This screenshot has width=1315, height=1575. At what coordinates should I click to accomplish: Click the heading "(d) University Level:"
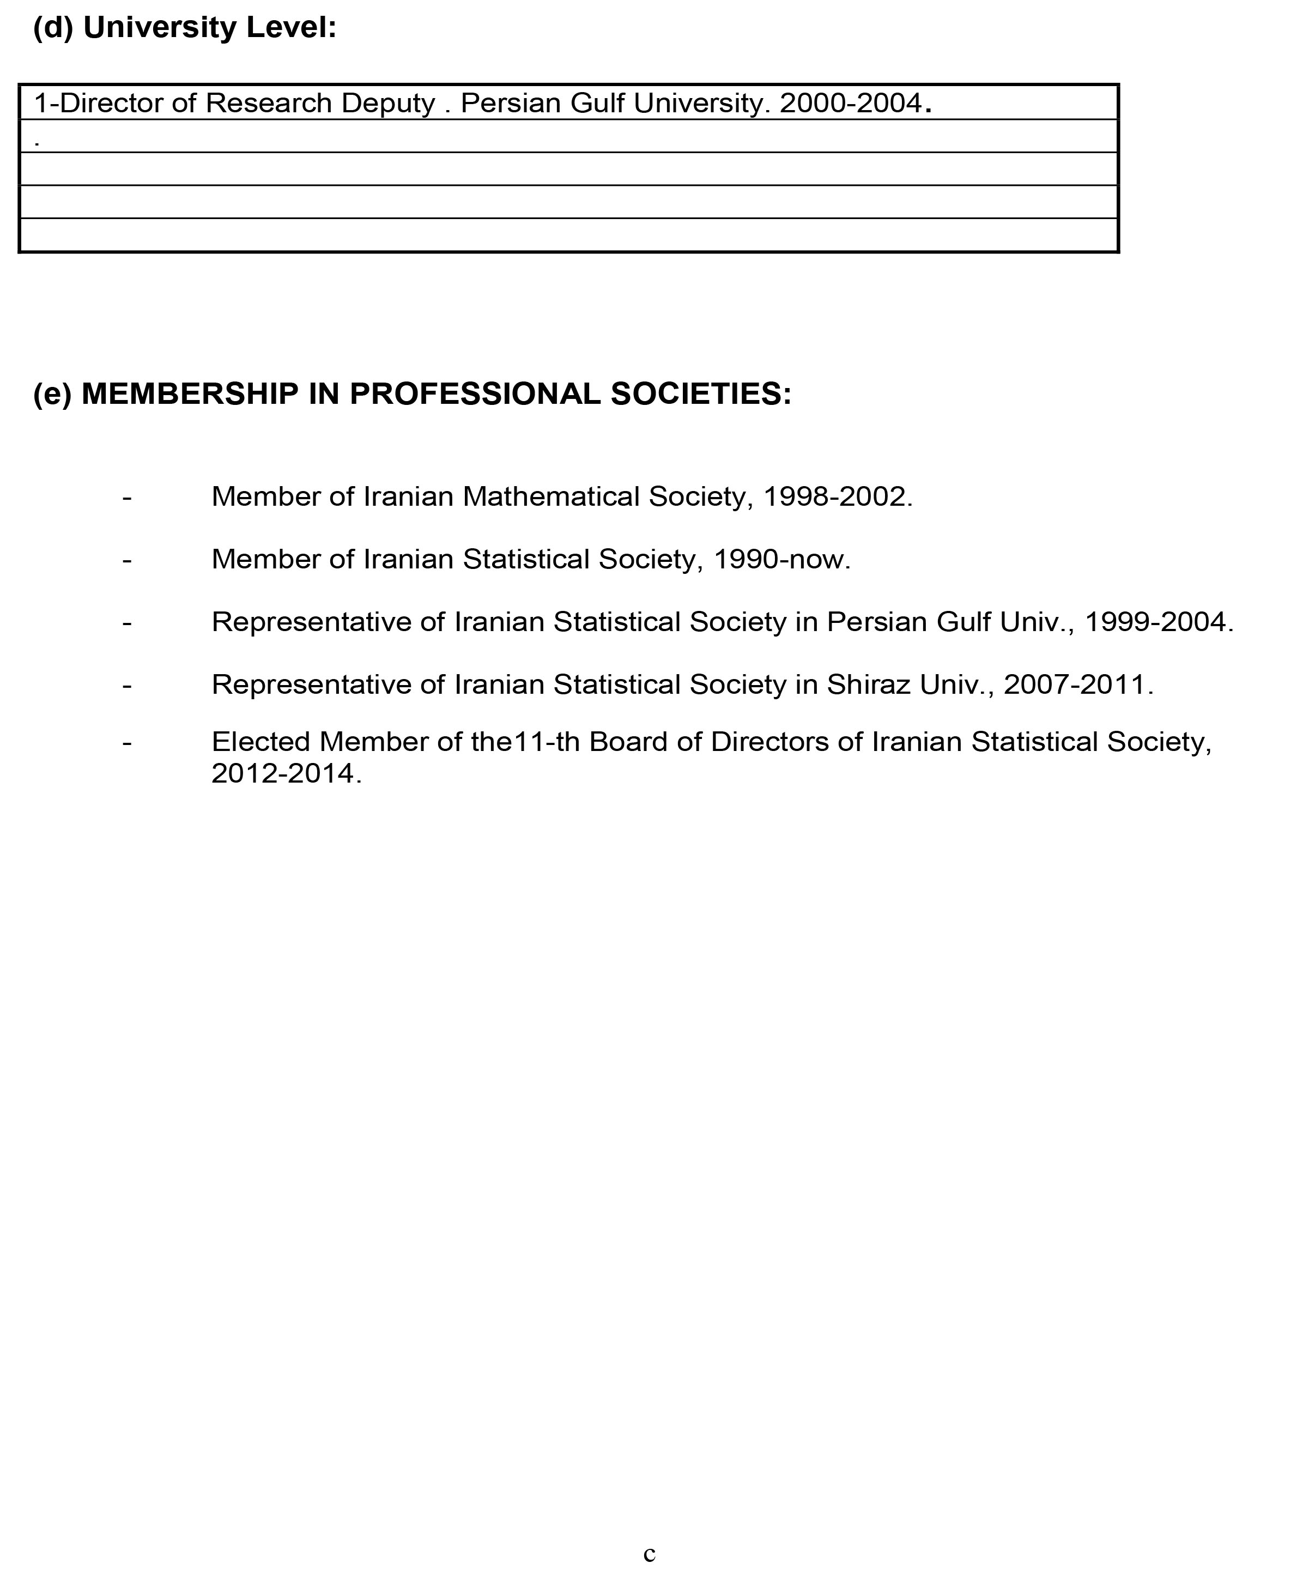point(185,28)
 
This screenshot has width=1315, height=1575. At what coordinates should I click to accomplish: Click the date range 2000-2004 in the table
point(850,104)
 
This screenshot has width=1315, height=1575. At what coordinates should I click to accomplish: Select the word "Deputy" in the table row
point(388,104)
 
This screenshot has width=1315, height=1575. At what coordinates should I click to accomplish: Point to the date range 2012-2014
point(282,773)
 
